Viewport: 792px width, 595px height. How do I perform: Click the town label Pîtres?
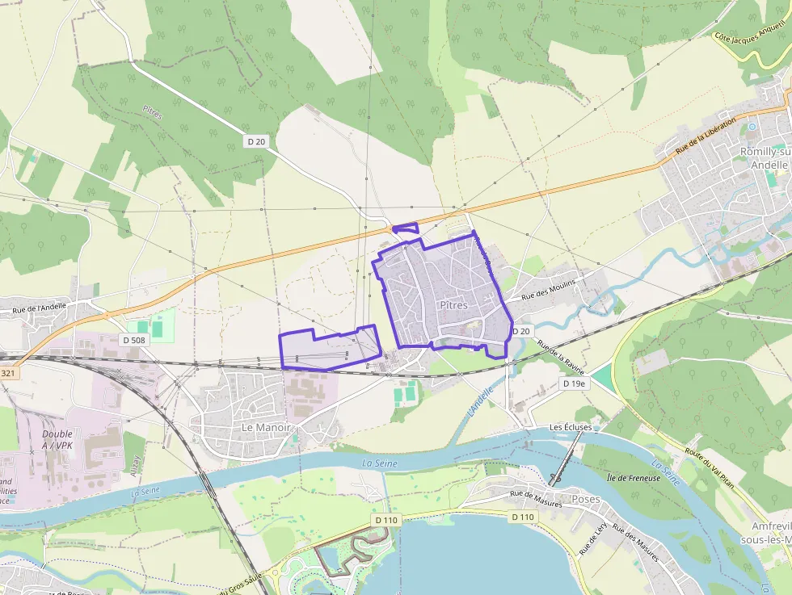(x=454, y=305)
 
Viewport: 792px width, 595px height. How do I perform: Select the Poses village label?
(x=586, y=499)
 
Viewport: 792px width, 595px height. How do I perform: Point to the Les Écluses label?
(x=571, y=426)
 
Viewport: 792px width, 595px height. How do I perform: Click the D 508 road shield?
(x=134, y=340)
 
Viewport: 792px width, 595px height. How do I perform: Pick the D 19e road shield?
(x=575, y=383)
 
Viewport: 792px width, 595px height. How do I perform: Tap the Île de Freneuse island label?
(x=633, y=478)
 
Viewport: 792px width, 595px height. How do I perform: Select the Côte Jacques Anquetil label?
(x=752, y=36)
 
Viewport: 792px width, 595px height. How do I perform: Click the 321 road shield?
(x=8, y=372)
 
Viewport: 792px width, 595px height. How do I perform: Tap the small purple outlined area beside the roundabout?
(x=406, y=228)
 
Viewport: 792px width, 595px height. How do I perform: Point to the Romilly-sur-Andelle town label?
(x=765, y=157)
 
